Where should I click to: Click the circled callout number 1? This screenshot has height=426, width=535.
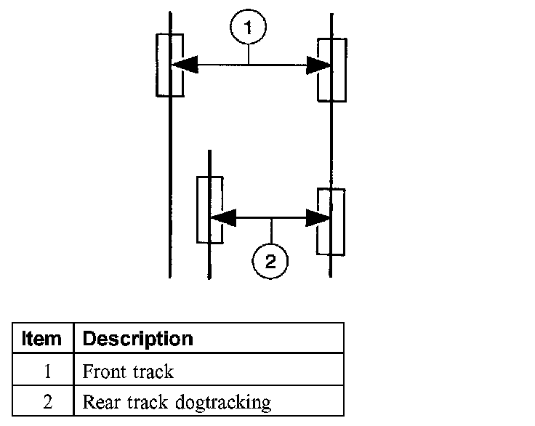[x=249, y=28]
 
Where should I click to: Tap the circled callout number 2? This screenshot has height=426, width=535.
[x=270, y=262]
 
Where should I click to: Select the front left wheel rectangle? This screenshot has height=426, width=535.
[x=169, y=65]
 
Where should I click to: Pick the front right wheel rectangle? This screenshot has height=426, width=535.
[x=331, y=70]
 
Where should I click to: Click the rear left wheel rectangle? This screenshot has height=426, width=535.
[x=209, y=209]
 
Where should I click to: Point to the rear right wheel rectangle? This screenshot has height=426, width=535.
[x=331, y=221]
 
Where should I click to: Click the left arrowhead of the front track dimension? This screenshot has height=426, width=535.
[x=184, y=65]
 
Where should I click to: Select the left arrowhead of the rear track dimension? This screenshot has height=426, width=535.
[x=222, y=217]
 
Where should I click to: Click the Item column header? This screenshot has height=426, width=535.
[x=43, y=339]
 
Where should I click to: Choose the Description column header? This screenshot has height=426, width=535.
[x=138, y=339]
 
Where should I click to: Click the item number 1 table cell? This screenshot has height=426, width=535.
[x=43, y=372]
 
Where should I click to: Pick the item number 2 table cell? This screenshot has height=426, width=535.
[x=43, y=402]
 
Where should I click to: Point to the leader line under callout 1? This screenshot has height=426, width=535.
[x=249, y=53]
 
